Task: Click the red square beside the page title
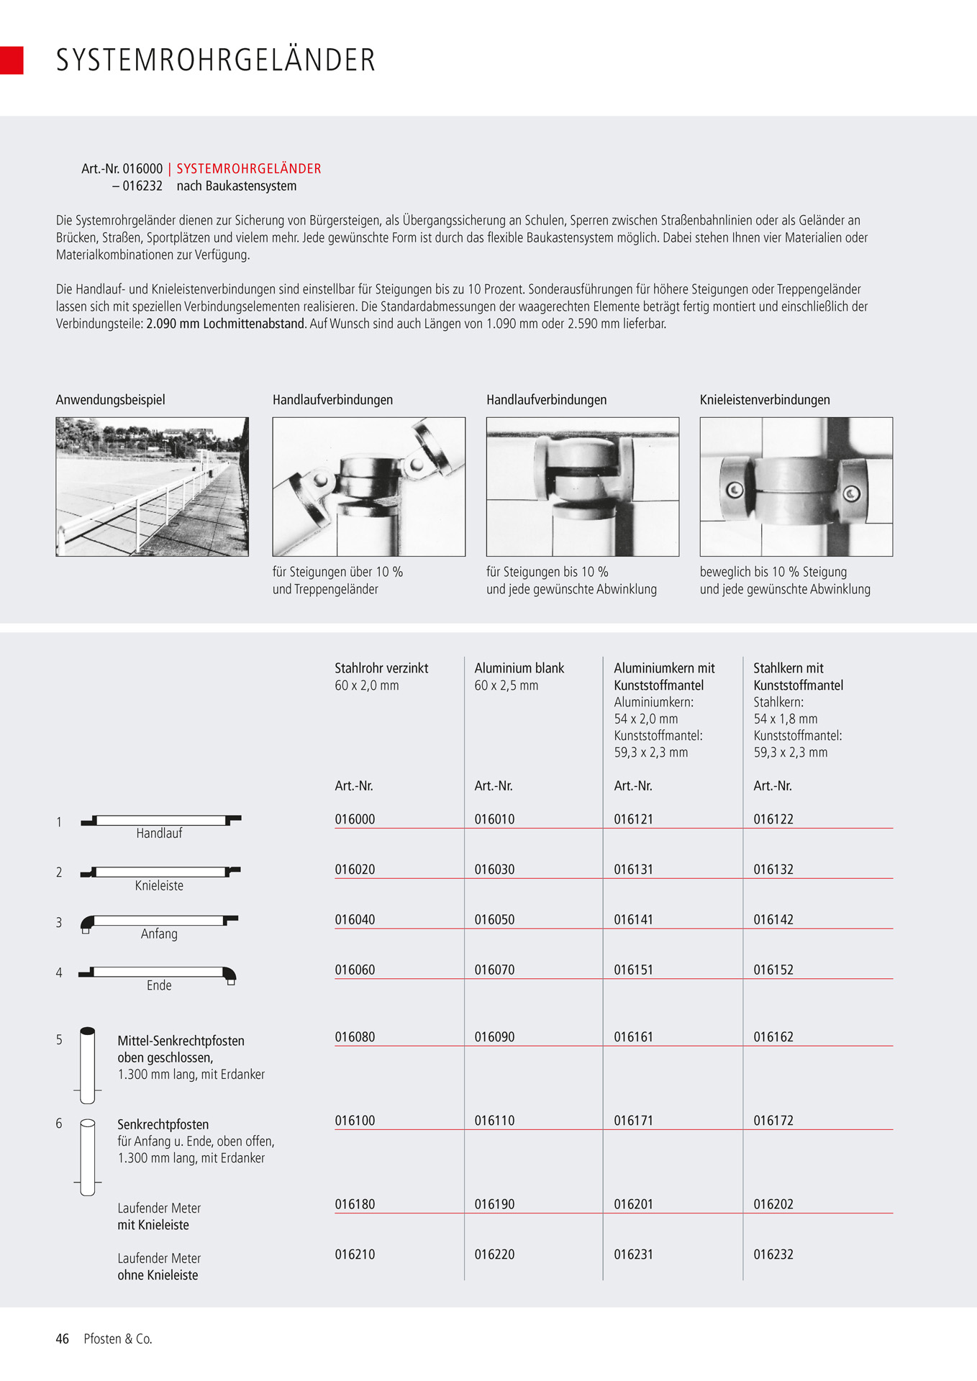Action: [12, 60]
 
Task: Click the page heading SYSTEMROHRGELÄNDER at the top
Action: [216, 60]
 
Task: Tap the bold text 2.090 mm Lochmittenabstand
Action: [226, 324]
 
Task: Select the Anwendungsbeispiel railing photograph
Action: [153, 487]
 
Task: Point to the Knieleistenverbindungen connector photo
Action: [796, 487]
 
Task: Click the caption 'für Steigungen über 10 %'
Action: [337, 573]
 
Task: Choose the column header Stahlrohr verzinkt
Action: [381, 668]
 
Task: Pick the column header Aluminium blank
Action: [519, 668]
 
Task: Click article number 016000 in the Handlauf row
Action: [355, 819]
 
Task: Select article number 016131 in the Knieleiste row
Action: [633, 870]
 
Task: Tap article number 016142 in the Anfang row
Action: [773, 920]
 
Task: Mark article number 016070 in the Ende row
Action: [494, 970]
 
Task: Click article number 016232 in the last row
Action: [773, 1255]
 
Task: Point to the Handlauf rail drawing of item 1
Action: [160, 820]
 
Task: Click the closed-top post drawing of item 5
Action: [87, 1065]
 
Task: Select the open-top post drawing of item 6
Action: [87, 1157]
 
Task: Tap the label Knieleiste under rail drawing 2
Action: [159, 886]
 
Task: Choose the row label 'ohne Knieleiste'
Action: [158, 1275]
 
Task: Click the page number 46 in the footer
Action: [63, 1339]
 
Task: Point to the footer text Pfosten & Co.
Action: [118, 1339]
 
